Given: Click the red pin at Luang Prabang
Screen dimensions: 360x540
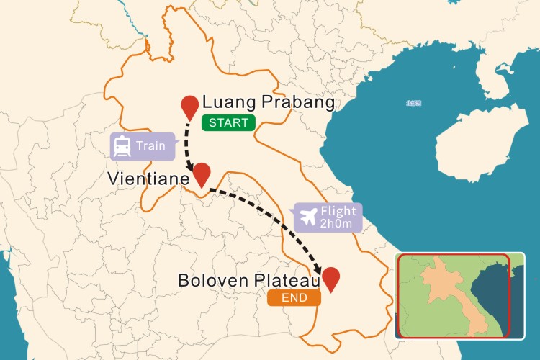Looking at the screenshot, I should (x=189, y=106).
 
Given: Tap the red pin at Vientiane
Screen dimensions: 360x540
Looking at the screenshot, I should (x=202, y=174).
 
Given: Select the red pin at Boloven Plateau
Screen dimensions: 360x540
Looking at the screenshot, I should (x=331, y=278).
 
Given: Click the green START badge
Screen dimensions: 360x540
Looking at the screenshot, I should (x=228, y=122).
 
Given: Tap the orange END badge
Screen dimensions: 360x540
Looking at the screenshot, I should (x=293, y=297).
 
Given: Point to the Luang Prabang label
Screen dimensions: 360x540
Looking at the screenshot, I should (x=269, y=102).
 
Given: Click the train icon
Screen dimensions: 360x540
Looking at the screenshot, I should (x=122, y=146).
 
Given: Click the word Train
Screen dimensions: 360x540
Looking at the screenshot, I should (x=150, y=146).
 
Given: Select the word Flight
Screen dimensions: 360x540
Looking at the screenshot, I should (x=338, y=212).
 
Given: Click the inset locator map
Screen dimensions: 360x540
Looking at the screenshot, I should (x=454, y=295).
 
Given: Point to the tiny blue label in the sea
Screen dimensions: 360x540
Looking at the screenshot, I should (x=414, y=103).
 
